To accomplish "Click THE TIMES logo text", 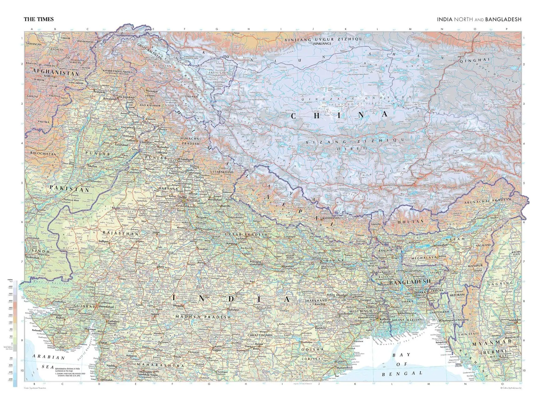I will (39, 19).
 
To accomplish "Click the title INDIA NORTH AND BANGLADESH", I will (479, 19).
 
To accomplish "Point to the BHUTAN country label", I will (411, 221).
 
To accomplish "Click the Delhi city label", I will (182, 198).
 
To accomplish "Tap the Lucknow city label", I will (241, 239).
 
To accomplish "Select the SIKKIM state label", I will (375, 225).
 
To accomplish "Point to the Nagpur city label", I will (217, 350).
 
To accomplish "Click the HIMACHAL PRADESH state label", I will (191, 141).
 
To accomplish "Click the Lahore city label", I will (131, 141).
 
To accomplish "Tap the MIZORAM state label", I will (457, 295).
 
